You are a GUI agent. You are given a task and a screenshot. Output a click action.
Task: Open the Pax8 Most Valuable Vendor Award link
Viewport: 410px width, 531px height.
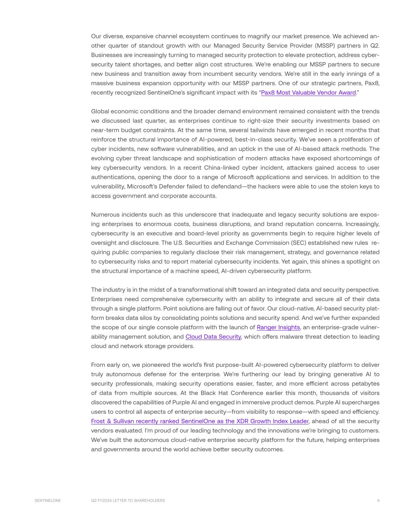click(308, 93)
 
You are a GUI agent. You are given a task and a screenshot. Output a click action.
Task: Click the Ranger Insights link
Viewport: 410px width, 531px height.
click(278, 327)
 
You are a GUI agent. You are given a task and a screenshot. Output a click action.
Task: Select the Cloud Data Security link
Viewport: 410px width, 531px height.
click(213, 336)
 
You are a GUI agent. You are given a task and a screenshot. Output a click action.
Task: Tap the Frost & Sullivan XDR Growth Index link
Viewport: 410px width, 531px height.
click(200, 421)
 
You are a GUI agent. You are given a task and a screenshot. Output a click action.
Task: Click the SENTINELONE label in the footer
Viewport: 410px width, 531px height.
click(47, 501)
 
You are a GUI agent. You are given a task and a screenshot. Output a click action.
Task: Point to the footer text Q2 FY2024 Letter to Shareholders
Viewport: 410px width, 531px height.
click(128, 501)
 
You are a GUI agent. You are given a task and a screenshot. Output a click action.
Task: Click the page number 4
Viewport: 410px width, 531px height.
click(378, 501)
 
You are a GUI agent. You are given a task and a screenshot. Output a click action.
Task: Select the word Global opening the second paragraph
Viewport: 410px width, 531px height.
click(100, 111)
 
